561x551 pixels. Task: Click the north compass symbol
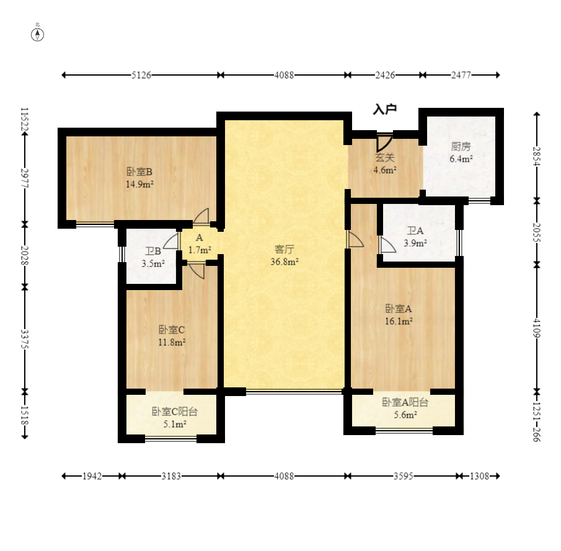(38, 34)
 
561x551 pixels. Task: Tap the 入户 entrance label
(384, 108)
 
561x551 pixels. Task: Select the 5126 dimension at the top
(141, 75)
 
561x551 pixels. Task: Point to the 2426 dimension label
(385, 75)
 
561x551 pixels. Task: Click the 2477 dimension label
(461, 75)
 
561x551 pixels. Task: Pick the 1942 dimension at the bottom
(92, 476)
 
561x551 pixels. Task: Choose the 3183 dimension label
(171, 476)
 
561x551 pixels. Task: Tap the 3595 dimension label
(403, 476)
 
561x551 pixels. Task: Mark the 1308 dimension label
(479, 476)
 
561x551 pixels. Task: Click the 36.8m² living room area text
(285, 262)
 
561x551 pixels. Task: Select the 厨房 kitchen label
(461, 146)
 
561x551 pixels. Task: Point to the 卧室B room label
(139, 172)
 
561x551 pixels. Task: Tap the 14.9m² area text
(139, 185)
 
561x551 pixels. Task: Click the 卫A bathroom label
(415, 231)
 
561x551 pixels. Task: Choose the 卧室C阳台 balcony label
(175, 412)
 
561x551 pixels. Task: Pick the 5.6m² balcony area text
(405, 415)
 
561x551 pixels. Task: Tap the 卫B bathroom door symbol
(172, 242)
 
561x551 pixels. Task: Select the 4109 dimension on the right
(536, 328)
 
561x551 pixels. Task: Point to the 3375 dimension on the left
(25, 339)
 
